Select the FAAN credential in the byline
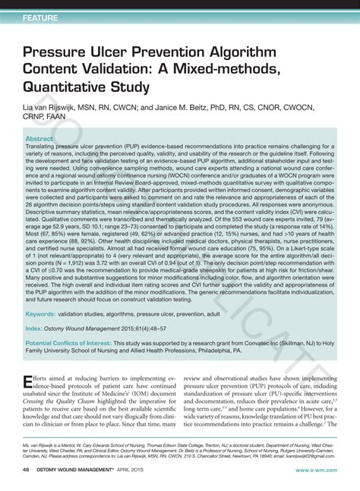pos(60,118)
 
